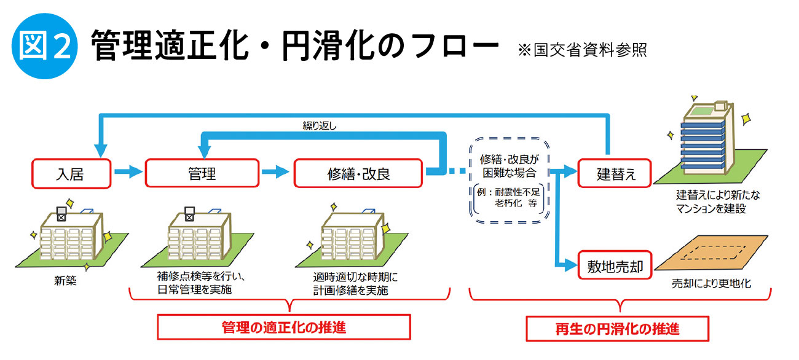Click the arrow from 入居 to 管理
click(x=128, y=173)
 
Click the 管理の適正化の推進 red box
click(x=284, y=327)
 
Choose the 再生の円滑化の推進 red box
click(x=617, y=328)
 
